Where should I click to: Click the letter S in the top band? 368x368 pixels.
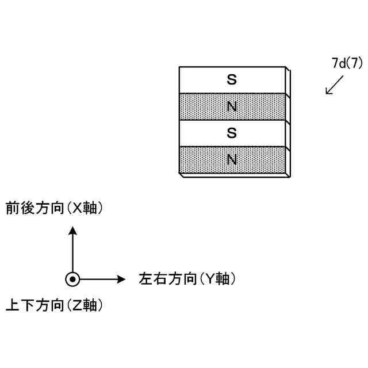click(x=232, y=80)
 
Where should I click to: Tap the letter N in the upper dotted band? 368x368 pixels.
click(x=232, y=106)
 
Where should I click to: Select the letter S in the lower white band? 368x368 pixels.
click(x=232, y=133)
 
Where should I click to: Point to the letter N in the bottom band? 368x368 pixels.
click(x=232, y=159)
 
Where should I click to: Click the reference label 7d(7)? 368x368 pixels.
click(x=347, y=63)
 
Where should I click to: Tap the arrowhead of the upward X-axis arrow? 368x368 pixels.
click(x=72, y=231)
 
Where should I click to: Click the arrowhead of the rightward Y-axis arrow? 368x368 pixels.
click(x=121, y=279)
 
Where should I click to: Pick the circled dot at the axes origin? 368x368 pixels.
click(x=72, y=279)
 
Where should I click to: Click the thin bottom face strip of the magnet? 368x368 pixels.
click(x=233, y=175)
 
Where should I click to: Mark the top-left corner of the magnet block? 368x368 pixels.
click(x=179, y=67)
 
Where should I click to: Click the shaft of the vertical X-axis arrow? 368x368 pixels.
click(x=72, y=253)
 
